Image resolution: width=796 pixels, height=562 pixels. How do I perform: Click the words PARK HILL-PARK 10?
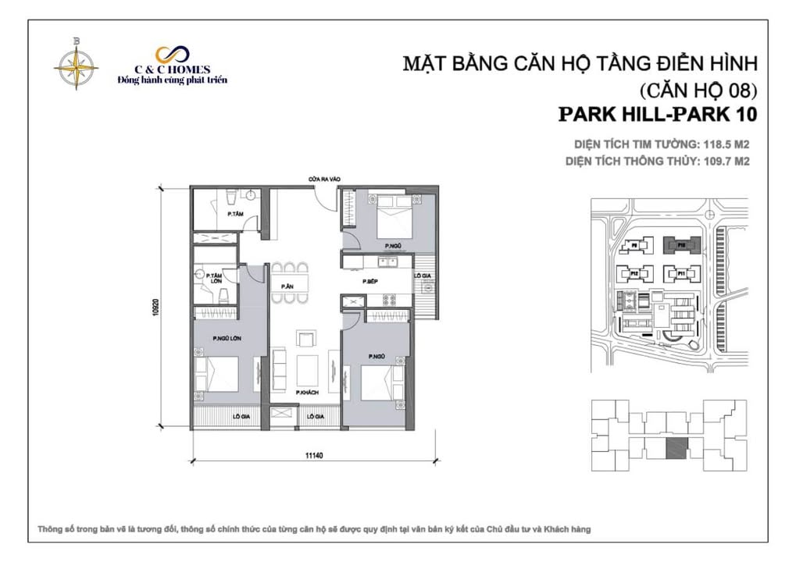coord(658,115)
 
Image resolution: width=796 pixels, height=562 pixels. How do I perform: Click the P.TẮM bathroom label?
coord(233,212)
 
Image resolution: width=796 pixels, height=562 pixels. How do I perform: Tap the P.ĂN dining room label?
coord(287,286)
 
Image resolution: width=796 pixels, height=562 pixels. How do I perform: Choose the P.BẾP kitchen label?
coord(371,281)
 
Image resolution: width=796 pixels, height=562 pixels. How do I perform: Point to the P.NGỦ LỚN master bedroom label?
coord(225,338)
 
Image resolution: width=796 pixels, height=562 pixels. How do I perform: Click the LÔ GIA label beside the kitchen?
coord(422,276)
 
